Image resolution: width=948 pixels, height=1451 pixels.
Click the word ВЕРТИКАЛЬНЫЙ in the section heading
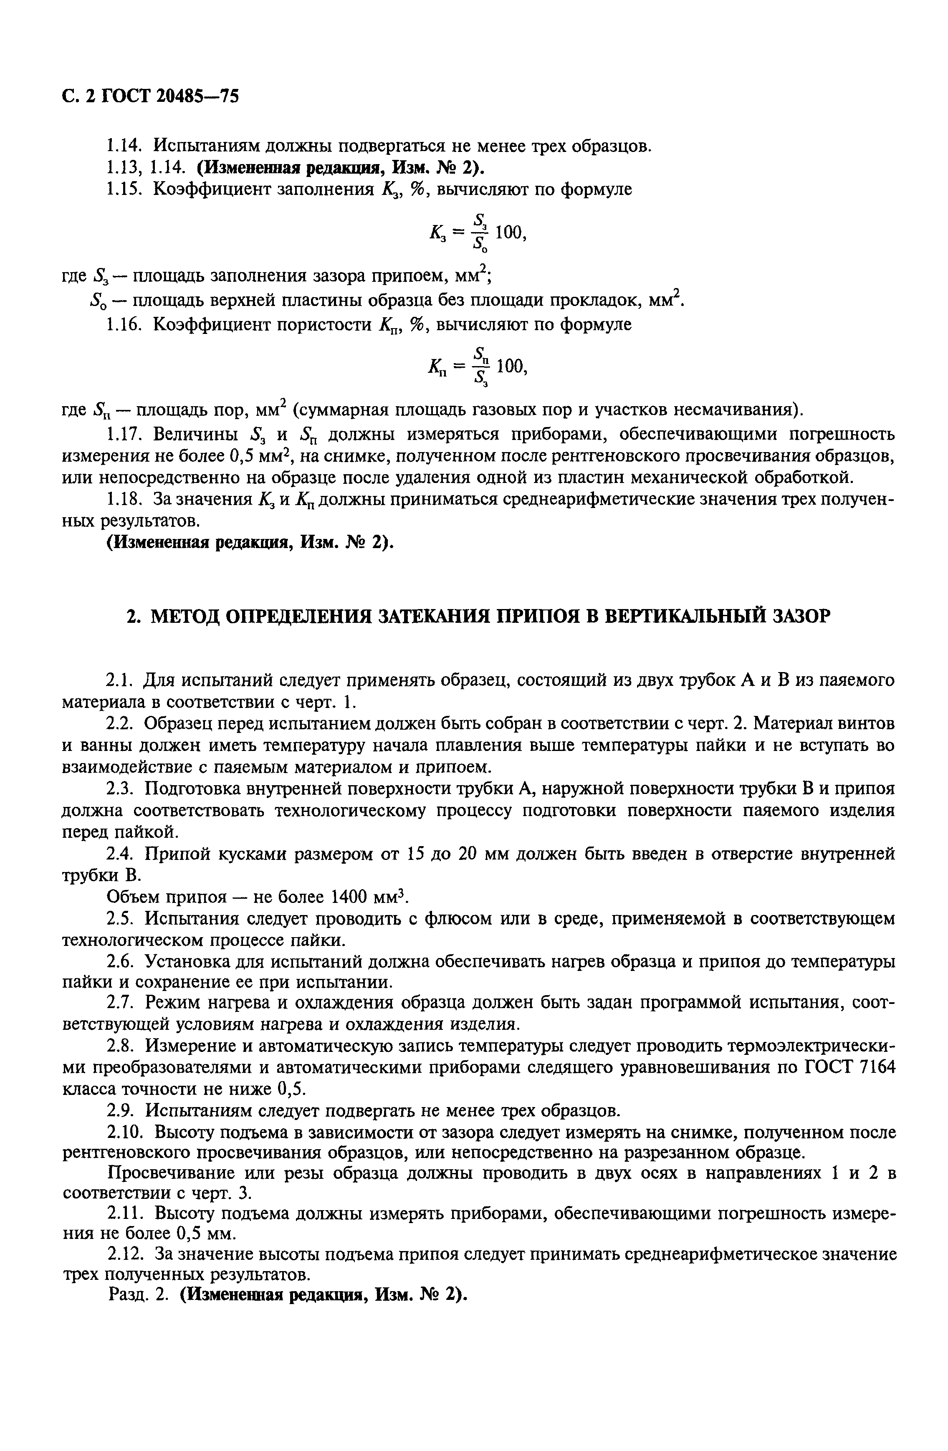tap(674, 617)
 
